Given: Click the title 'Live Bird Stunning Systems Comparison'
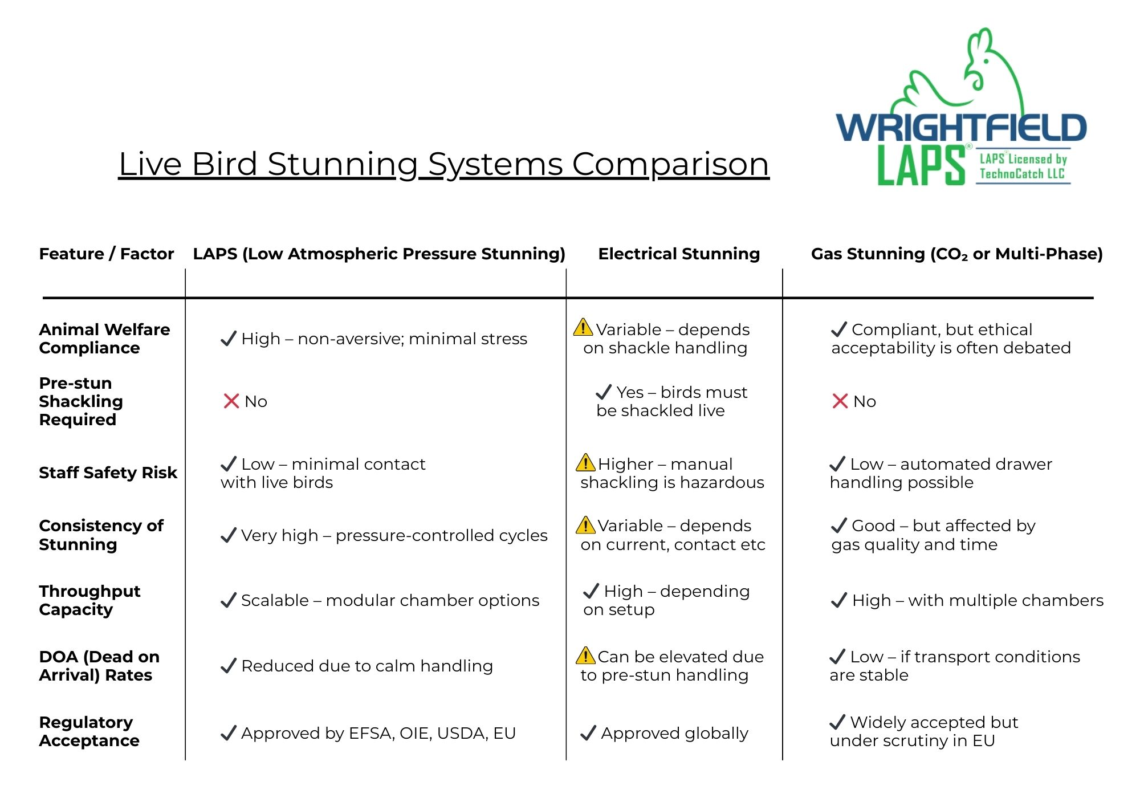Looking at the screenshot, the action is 443,164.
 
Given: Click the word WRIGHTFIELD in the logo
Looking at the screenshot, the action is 961,128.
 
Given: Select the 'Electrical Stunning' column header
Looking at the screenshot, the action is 679,254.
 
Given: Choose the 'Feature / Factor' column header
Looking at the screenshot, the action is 106,254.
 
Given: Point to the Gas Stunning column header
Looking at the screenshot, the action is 957,254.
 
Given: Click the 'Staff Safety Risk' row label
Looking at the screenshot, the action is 108,473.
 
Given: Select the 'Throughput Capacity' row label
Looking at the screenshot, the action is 89,600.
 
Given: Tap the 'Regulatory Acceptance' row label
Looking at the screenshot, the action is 89,731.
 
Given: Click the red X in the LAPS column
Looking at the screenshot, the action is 231,401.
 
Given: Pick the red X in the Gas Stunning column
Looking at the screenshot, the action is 840,401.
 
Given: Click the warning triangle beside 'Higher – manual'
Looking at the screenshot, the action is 585,462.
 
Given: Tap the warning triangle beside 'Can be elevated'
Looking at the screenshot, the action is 585,655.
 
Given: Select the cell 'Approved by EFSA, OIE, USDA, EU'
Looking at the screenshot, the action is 368,733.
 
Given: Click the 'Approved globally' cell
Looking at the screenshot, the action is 664,733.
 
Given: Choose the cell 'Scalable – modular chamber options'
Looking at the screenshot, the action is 380,600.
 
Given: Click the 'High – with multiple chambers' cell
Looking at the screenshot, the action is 967,600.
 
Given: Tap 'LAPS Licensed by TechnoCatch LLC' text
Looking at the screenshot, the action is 1023,166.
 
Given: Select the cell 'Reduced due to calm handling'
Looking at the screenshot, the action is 357,666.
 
